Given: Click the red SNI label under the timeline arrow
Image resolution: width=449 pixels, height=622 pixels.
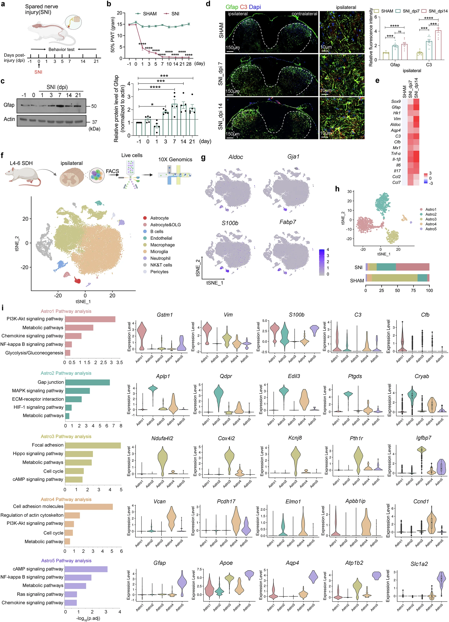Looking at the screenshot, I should click(38, 72).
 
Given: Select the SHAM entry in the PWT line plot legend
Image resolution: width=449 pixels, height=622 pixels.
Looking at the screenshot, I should click(150, 14).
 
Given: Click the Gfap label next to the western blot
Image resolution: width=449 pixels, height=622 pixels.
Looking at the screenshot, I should click(9, 105).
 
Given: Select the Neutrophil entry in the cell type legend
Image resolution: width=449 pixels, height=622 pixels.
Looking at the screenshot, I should click(160, 258).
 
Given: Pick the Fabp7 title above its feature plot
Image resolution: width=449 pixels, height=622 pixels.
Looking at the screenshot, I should click(288, 222).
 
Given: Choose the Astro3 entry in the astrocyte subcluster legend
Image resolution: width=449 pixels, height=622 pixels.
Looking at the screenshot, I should click(431, 219).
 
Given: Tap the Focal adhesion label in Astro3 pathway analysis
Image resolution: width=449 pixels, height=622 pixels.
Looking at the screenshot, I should click(48, 445).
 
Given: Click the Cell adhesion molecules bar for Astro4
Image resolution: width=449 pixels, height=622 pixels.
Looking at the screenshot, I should click(88, 507).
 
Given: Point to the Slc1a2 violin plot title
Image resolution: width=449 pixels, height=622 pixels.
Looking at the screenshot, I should click(419, 564).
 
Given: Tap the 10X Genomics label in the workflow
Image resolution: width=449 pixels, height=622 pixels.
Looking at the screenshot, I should click(175, 160).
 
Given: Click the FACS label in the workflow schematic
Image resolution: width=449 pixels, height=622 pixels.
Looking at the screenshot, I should click(112, 171).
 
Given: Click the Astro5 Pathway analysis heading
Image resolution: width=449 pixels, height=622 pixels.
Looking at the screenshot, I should click(66, 561).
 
